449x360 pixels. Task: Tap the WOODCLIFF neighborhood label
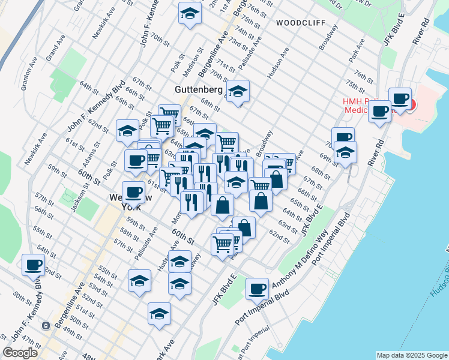pyautogui.click(x=301, y=23)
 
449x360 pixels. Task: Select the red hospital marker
pyautogui.click(x=410, y=104)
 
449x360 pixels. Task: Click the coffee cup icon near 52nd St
pyautogui.click(x=33, y=265)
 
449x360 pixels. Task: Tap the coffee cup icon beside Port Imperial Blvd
pyautogui.click(x=258, y=289)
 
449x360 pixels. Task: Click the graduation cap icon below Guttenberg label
pyautogui.click(x=238, y=92)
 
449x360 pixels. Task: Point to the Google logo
pyautogui.click(x=20, y=353)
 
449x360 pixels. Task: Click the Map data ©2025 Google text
pyautogui.click(x=411, y=355)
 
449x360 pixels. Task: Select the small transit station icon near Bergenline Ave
pyautogui.click(x=46, y=325)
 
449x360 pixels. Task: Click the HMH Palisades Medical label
pyautogui.click(x=366, y=106)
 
